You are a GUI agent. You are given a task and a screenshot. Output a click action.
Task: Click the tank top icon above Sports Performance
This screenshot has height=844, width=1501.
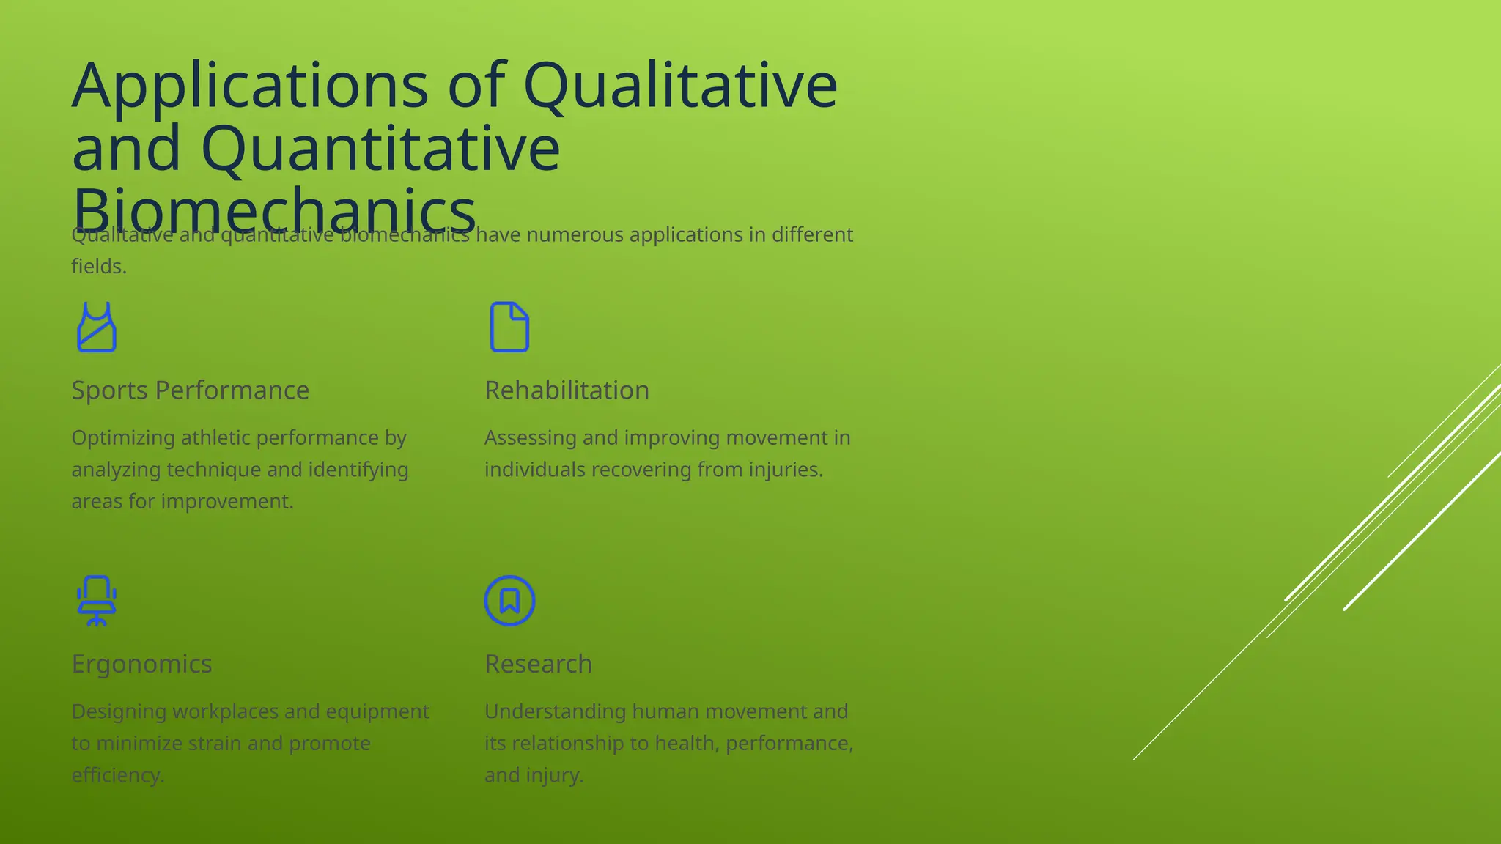(x=97, y=327)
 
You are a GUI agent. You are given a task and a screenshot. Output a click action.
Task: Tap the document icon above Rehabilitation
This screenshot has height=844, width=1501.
(x=509, y=327)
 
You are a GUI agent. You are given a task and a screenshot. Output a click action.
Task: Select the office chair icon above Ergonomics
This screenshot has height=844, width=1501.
(x=97, y=601)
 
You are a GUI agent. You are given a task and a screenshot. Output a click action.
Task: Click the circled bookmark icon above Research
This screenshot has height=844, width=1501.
(x=509, y=601)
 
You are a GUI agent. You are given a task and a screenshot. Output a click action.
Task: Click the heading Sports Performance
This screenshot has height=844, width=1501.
(x=190, y=390)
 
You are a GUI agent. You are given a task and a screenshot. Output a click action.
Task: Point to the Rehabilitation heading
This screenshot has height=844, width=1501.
(x=567, y=390)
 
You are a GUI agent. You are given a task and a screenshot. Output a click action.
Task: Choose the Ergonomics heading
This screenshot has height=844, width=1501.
(x=141, y=664)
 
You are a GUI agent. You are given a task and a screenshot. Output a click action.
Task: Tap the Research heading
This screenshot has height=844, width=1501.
(x=538, y=664)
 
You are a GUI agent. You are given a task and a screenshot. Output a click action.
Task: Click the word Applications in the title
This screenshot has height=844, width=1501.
(x=250, y=86)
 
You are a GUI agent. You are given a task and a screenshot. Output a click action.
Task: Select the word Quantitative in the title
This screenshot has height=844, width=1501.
(x=380, y=149)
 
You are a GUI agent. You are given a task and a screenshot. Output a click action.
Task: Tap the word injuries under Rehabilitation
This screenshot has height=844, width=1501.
(x=786, y=470)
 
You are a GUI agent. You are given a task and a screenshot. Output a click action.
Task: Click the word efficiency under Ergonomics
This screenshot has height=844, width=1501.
(x=117, y=775)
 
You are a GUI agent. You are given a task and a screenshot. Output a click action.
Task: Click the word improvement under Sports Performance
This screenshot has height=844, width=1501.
(x=227, y=502)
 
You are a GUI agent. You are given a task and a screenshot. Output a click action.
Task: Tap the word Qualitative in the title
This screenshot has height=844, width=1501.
(x=680, y=86)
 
